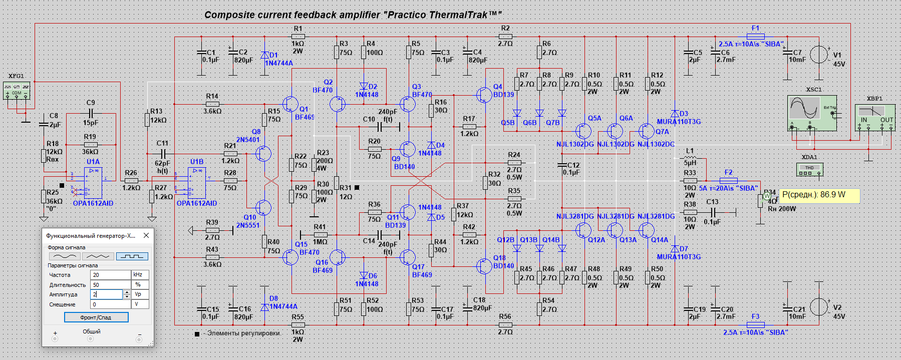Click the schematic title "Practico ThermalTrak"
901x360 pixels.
coord(353,15)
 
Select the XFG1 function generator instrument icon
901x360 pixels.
coord(17,91)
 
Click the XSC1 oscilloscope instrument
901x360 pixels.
coord(812,113)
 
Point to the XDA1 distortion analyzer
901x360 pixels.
coord(809,170)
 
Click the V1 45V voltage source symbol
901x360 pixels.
coord(819,54)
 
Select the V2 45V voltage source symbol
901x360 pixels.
coord(819,307)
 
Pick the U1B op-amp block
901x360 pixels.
coord(197,183)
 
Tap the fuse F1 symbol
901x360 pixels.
coord(755,36)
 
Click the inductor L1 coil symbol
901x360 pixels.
coord(690,158)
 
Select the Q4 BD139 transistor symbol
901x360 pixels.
coord(484,95)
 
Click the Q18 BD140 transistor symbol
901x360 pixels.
coord(484,266)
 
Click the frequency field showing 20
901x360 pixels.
coord(110,275)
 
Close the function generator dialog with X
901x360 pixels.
coord(146,235)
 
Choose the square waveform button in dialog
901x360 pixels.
coord(132,256)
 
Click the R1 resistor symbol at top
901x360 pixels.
coord(298,36)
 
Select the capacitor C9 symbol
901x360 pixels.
coord(91,114)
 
